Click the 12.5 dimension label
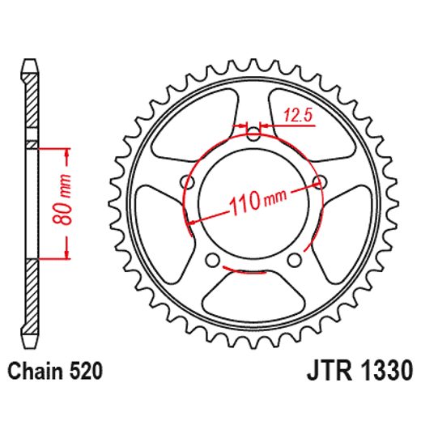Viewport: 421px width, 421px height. pos(298,115)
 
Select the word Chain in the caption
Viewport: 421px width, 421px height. pos(32,372)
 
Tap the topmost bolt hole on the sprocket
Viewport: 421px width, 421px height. pos(253,134)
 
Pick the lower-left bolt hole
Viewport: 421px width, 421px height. pos(214,259)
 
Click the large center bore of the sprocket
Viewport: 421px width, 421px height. pos(253,202)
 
